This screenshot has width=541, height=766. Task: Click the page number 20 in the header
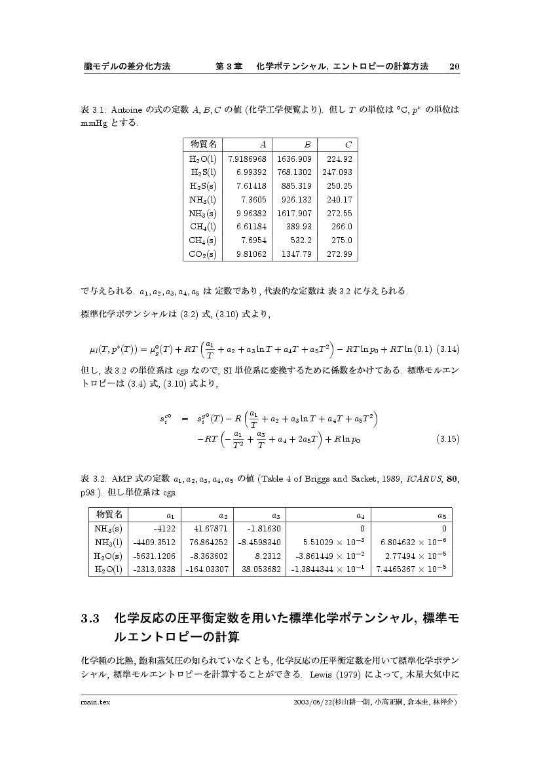(x=455, y=66)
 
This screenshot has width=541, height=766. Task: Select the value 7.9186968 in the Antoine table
(x=247, y=159)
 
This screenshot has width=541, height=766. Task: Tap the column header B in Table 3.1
(x=307, y=144)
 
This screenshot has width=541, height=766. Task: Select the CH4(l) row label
(x=203, y=227)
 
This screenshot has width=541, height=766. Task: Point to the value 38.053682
(x=261, y=569)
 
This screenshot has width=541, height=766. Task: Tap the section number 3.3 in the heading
(x=89, y=618)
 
